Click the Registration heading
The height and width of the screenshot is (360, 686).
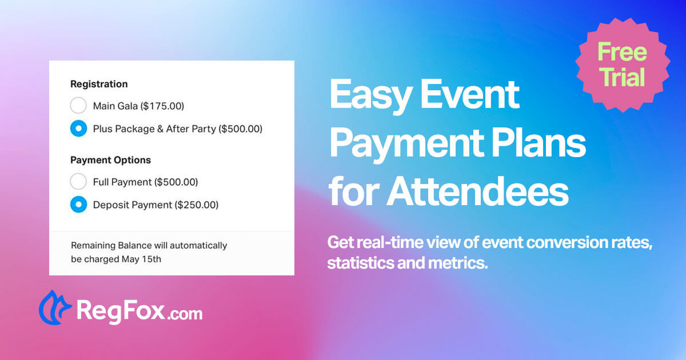99,84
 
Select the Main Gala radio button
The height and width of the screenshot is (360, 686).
78,106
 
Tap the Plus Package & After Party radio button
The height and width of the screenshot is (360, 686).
78,129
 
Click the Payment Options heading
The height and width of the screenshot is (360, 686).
110,160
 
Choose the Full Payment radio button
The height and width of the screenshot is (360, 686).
78,182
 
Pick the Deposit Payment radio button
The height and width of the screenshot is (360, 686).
78,205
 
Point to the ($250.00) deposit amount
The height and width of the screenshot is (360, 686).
196,205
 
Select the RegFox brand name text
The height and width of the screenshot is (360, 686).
120,312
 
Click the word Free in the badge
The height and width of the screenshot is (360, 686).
622,52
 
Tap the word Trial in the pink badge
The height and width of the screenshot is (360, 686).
622,76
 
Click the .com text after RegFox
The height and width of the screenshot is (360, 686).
185,314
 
